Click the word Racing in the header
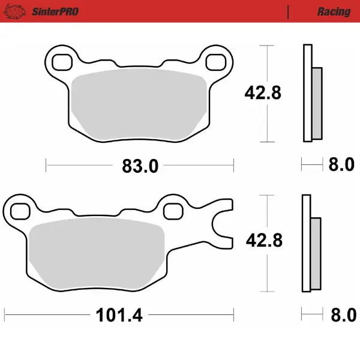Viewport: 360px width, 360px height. pos(334,11)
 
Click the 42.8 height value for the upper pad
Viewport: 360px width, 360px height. pos(262,93)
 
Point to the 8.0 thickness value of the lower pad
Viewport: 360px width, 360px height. pos(341,315)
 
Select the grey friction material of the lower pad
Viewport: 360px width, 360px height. pos(96,252)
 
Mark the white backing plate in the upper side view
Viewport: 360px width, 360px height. pos(307,93)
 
